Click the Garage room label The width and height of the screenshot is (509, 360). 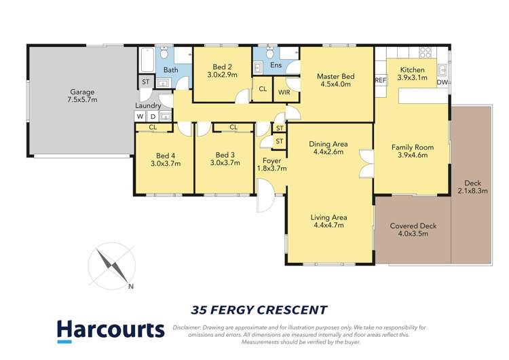pos(82,92)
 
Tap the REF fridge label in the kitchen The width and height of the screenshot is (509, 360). pos(381,80)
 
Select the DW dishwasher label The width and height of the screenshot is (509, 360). pos(442,82)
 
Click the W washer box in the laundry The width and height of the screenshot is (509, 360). pos(140,116)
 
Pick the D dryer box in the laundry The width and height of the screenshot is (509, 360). pos(153,116)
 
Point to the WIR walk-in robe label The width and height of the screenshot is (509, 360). pos(284,92)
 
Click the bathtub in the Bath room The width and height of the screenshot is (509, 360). pos(147,60)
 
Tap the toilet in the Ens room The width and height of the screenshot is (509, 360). pos(269,52)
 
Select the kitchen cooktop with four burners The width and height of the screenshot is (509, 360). pos(426,52)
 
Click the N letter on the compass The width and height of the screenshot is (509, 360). pos(131,286)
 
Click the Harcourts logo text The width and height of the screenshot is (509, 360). pos(111,330)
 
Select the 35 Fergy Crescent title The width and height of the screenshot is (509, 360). pos(259,310)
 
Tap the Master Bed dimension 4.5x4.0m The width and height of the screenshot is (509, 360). pos(336,84)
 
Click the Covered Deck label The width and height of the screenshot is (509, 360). pos(413,226)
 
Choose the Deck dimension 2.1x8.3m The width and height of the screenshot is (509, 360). pos(472,191)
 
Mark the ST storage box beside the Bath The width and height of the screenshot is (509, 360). pos(145,82)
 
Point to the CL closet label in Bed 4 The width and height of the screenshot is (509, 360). pos(153,128)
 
